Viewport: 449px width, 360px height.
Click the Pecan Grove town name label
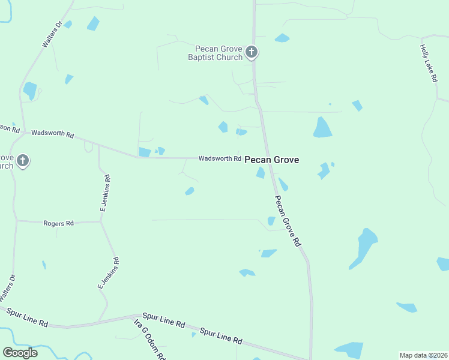271,160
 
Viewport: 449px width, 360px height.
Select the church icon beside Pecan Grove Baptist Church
252,52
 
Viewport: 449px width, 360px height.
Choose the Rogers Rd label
58,223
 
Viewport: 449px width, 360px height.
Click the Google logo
20,352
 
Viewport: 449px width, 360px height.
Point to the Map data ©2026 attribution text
423,355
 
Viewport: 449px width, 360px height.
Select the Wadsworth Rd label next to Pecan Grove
220,158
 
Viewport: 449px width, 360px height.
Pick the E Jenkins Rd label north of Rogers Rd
106,193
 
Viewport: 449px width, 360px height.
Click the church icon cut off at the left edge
23,161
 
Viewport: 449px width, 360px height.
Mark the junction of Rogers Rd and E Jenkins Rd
100,221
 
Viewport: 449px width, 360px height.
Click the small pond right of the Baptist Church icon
282,38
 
